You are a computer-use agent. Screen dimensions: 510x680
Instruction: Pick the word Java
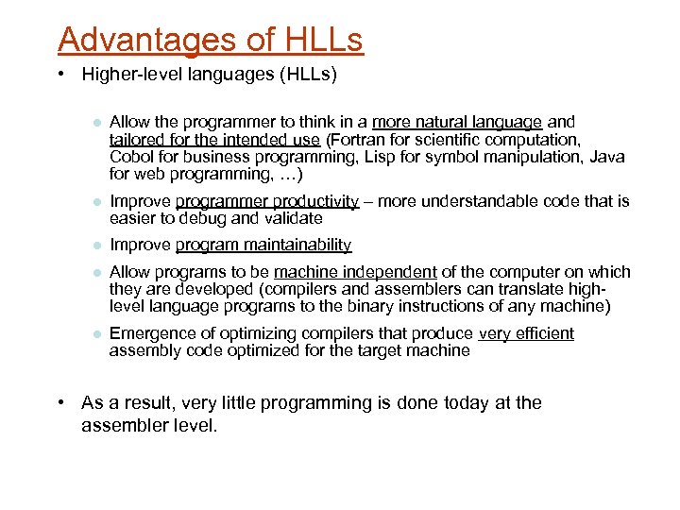[606, 157]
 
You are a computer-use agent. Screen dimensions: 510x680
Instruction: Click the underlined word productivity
[315, 201]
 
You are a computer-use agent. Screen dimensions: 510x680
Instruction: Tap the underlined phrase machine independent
[355, 272]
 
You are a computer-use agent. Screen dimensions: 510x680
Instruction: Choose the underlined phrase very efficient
[526, 333]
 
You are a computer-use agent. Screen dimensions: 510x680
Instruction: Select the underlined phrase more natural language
[457, 122]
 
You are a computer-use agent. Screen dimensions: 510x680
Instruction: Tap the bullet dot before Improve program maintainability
[95, 246]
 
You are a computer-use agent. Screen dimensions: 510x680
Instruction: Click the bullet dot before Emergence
[95, 333]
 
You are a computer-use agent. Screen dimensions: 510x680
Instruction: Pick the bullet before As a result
[60, 403]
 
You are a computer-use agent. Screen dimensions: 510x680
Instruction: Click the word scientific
[444, 139]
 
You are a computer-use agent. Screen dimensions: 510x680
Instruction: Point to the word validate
[293, 218]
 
